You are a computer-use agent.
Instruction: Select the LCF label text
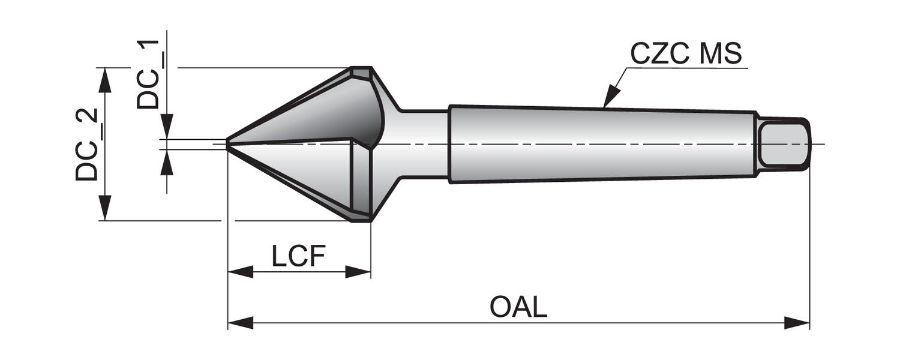click(x=298, y=257)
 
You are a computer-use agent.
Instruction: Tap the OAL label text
click(x=518, y=307)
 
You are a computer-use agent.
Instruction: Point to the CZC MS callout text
click(x=686, y=54)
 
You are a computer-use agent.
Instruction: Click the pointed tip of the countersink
click(x=228, y=143)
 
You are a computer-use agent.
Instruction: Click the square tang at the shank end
click(x=783, y=143)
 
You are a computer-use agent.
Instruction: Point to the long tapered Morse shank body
click(x=600, y=144)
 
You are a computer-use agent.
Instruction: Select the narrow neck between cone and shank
click(x=423, y=144)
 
